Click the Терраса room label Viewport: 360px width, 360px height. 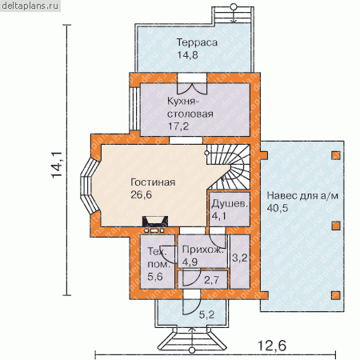click(x=197, y=42)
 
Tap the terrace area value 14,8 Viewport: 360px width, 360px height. click(x=188, y=55)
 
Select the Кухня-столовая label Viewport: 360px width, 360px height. click(x=190, y=107)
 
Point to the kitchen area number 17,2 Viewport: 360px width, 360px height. click(x=178, y=126)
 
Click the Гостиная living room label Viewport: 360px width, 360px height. click(x=153, y=182)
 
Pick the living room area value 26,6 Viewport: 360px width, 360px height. click(x=142, y=194)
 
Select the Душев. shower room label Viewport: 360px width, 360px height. click(x=230, y=204)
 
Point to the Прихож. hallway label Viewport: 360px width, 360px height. click(x=202, y=250)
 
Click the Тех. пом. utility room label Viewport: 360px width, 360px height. click(x=158, y=258)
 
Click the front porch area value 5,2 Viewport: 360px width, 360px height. click(x=207, y=314)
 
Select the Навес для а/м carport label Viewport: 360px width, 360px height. click(x=302, y=196)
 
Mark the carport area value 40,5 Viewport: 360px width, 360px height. click(x=278, y=208)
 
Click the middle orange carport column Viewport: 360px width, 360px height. click(x=336, y=226)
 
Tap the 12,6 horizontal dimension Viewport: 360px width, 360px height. click(x=272, y=346)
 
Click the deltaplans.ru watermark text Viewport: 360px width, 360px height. click(x=30, y=6)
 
